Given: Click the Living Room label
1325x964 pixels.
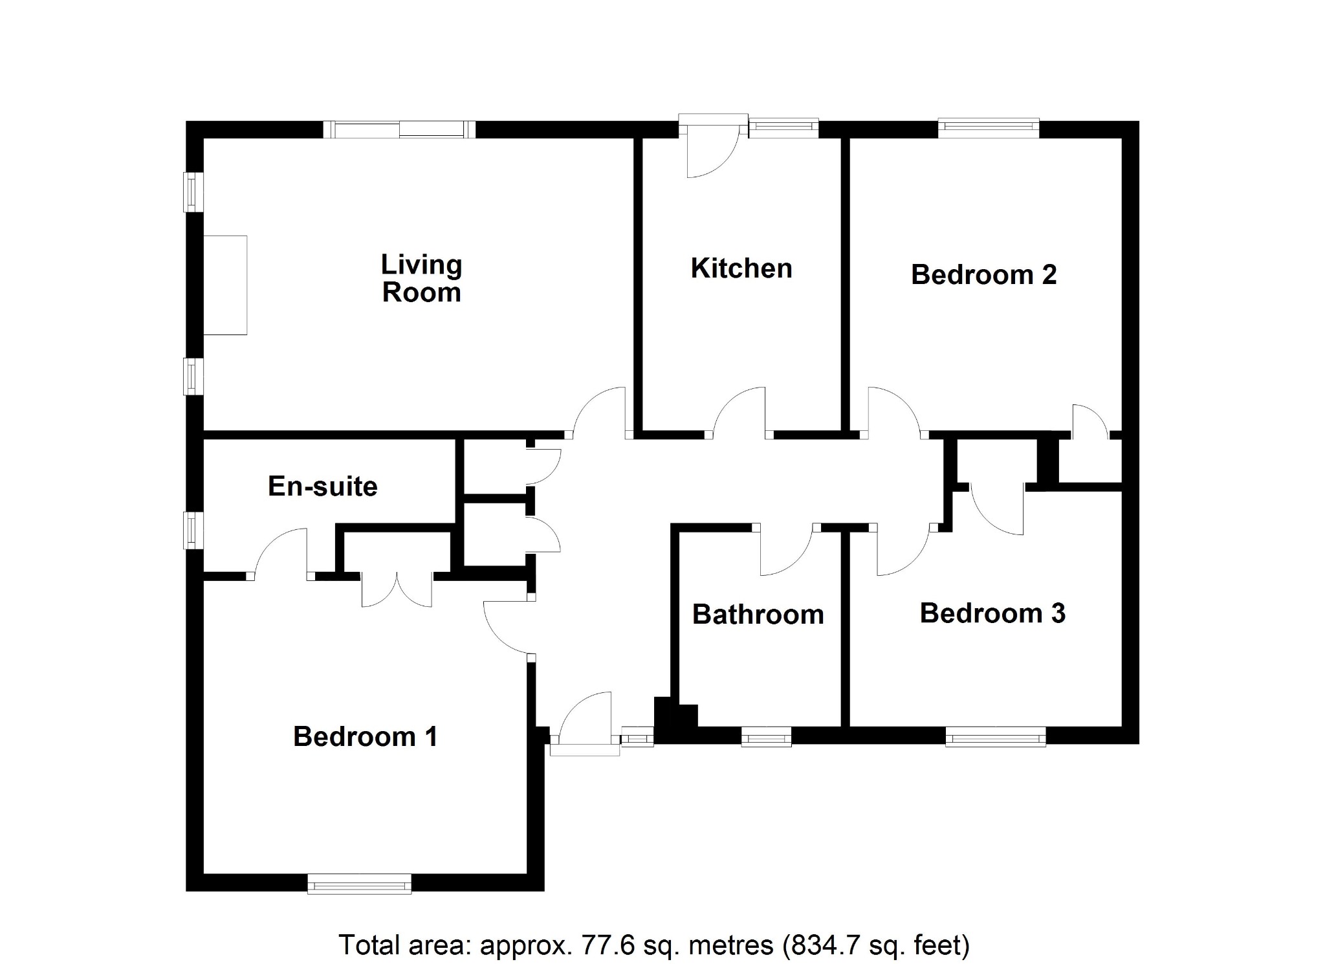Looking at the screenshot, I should [x=421, y=278].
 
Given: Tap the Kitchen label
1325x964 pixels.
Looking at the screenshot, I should [x=741, y=268].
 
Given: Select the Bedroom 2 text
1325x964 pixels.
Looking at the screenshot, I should [x=983, y=275].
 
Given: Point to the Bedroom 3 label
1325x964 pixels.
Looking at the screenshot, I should [x=992, y=613].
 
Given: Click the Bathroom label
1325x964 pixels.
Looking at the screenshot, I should [x=758, y=615].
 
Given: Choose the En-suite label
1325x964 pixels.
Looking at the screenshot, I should [x=322, y=487].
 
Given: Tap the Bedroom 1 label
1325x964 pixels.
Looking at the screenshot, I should [x=365, y=737].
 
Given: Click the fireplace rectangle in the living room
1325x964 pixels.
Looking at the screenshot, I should [x=225, y=285].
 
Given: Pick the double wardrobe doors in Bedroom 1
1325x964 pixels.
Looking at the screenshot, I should [x=397, y=589].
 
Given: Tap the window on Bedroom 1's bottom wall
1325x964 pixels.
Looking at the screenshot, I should [x=359, y=883].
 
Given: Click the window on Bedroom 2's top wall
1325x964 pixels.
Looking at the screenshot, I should [x=989, y=129].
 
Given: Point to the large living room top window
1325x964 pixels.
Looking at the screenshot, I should [x=399, y=129].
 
